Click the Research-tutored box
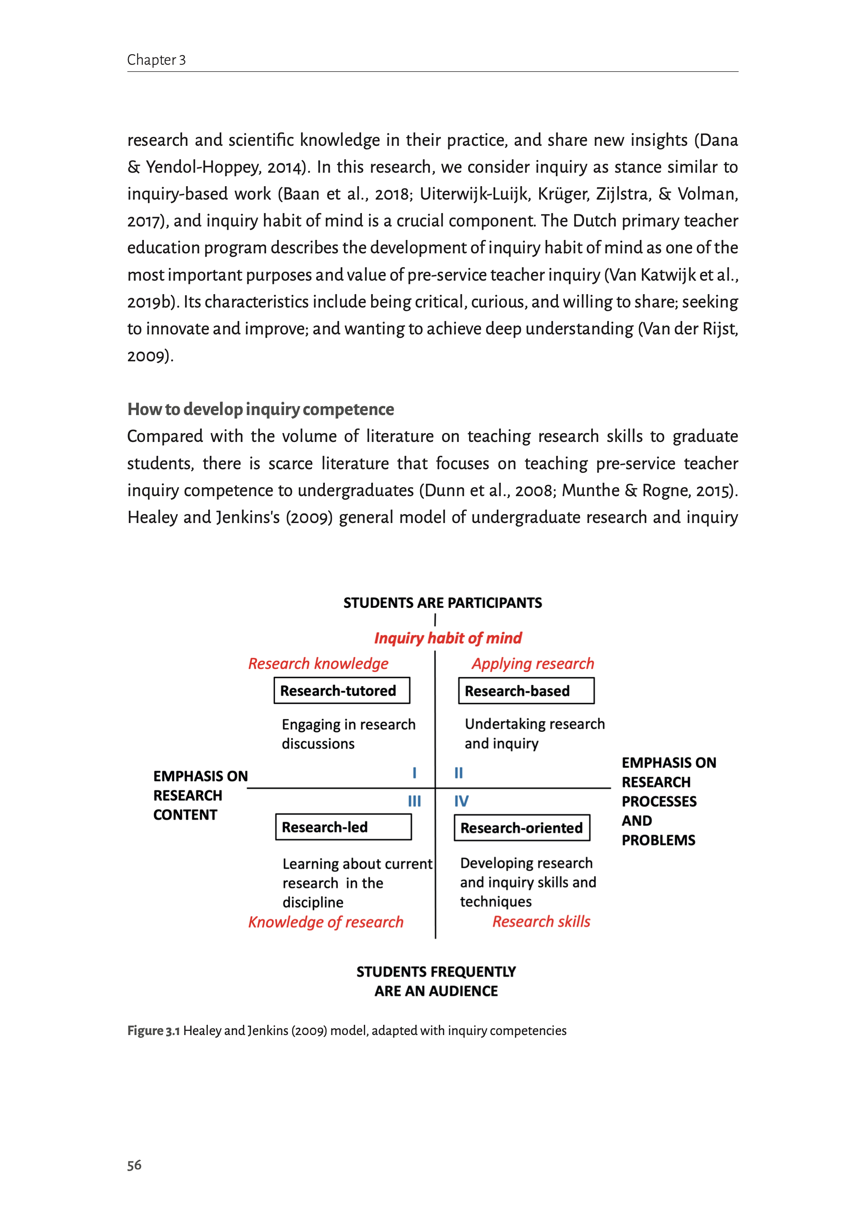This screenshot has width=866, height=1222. [x=342, y=691]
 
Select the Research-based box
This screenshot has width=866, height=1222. [x=526, y=691]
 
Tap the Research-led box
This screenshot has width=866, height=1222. [x=344, y=827]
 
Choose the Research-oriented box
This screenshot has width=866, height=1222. [x=522, y=828]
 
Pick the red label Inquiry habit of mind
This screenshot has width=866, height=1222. [x=448, y=638]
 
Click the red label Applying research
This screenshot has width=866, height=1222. [x=533, y=664]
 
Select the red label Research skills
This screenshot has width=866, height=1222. [x=541, y=921]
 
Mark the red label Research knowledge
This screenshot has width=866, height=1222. [x=318, y=664]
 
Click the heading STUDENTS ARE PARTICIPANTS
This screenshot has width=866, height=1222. [x=443, y=603]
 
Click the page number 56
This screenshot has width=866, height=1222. [x=134, y=1165]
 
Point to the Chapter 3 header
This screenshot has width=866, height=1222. [x=156, y=60]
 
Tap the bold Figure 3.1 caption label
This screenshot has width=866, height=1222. [x=154, y=1031]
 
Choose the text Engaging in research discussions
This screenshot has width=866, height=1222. [x=348, y=734]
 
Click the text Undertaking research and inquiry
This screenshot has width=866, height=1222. [x=534, y=733]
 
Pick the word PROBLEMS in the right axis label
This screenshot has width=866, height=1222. [x=659, y=840]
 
